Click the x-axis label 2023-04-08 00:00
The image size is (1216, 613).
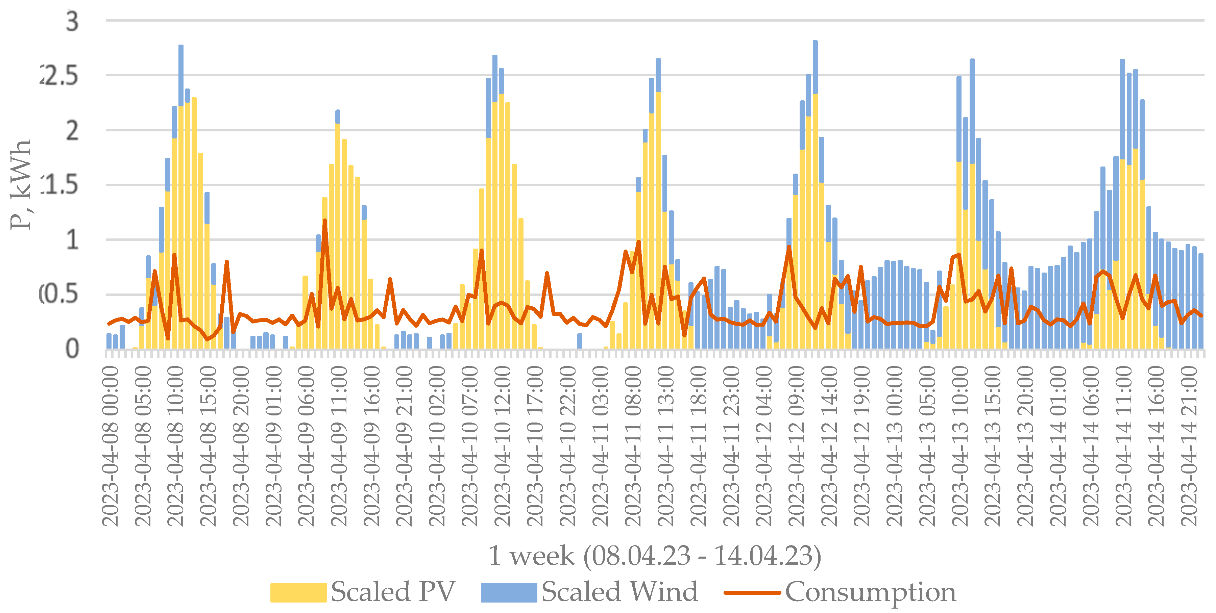pos(111,446)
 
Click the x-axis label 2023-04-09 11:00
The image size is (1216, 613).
pos(339,446)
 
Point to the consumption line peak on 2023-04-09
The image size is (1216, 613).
pos(325,221)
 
